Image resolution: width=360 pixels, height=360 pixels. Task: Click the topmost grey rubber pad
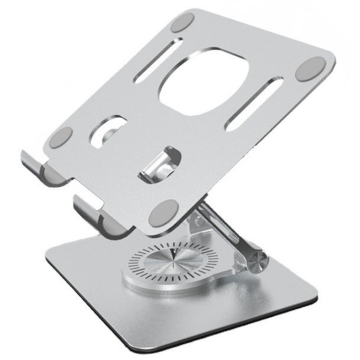click(x=183, y=23)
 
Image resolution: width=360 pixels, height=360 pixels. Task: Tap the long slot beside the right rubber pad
click(x=255, y=104)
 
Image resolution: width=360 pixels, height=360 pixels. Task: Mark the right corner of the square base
click(x=314, y=290)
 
